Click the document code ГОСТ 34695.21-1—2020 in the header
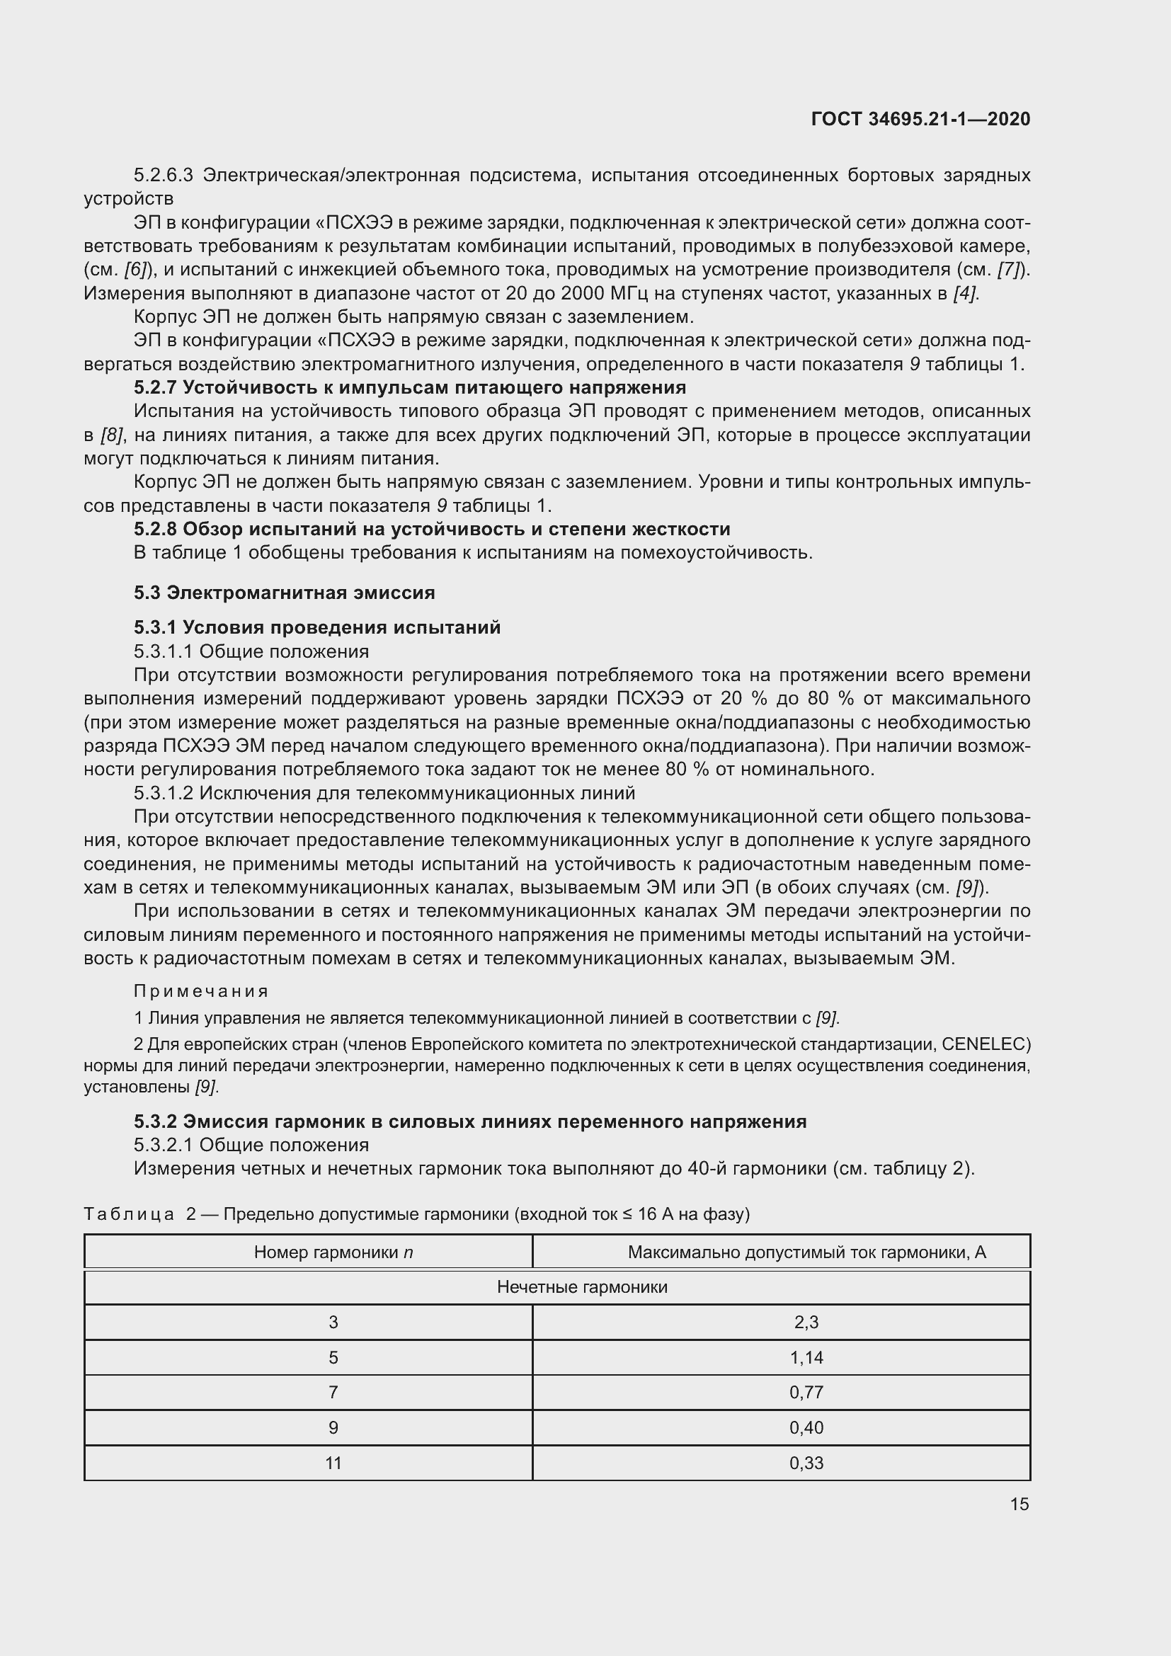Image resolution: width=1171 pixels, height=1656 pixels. [920, 119]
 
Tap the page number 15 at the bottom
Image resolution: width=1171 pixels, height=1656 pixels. [1019, 1504]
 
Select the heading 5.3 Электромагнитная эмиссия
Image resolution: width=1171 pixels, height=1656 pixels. [284, 593]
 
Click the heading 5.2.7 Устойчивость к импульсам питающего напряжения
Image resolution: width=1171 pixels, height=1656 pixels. [409, 388]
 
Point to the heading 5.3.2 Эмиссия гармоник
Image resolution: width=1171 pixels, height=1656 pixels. [469, 1121]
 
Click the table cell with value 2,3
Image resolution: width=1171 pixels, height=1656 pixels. [806, 1322]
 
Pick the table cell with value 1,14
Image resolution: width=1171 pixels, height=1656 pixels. [806, 1357]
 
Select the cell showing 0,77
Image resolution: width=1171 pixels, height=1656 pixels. [806, 1392]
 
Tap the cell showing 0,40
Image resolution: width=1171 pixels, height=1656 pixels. [806, 1427]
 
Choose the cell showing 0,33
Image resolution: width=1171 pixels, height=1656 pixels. [806, 1463]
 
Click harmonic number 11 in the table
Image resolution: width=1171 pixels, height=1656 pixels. [333, 1463]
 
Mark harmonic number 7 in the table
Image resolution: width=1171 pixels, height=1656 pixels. [333, 1392]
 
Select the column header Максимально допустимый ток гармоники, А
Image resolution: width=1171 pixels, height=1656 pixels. [806, 1252]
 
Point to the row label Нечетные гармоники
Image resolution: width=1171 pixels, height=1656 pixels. [582, 1286]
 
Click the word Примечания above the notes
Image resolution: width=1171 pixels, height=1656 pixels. [201, 991]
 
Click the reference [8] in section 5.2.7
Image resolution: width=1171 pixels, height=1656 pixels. [112, 435]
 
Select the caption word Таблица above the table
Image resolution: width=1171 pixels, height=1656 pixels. [129, 1214]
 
